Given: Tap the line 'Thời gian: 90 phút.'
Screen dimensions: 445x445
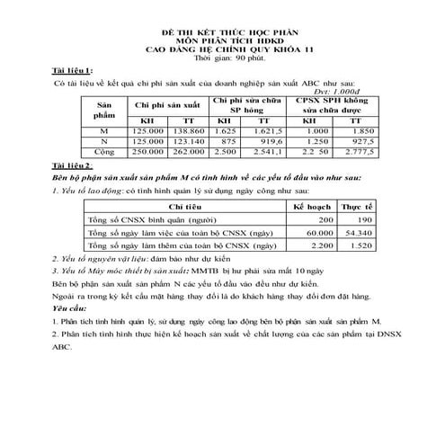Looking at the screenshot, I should pos(221,56).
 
